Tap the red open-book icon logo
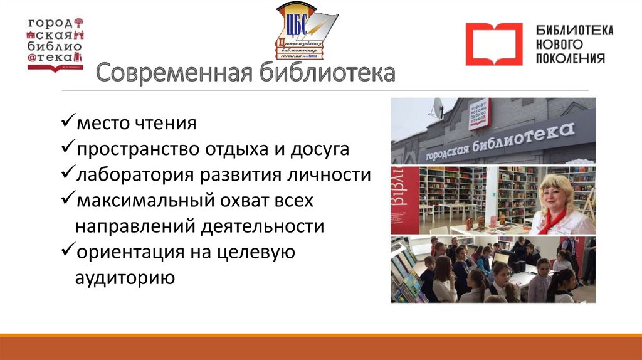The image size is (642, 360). [x=493, y=44]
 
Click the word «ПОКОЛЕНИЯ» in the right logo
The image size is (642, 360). [x=571, y=58]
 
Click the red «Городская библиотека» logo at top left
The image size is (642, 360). [x=56, y=43]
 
